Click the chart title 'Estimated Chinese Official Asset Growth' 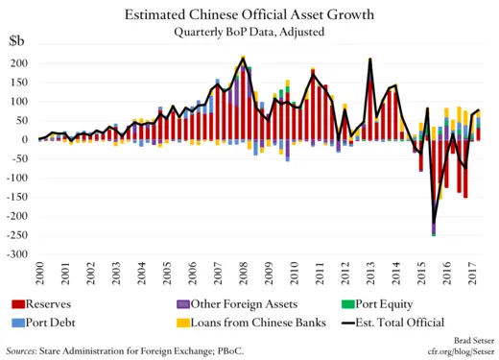pos(249,14)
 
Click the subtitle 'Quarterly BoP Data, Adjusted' pos(249,32)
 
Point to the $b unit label pos(17,42)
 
